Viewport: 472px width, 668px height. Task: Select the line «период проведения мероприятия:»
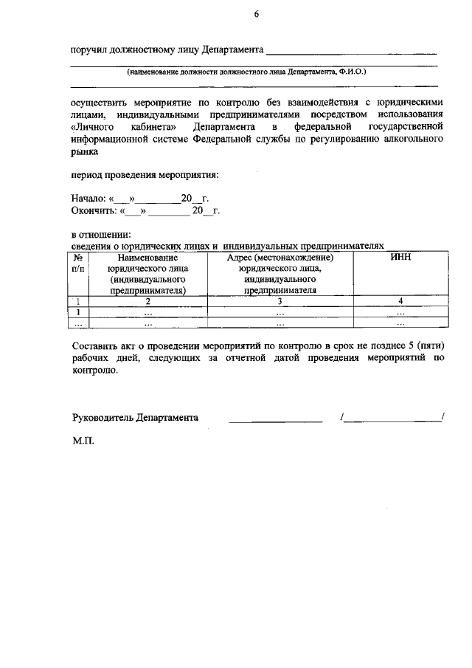coord(145,175)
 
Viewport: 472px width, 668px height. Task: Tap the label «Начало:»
coord(88,199)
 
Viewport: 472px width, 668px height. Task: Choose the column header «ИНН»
coord(400,257)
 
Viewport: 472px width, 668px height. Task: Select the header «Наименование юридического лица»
coord(147,263)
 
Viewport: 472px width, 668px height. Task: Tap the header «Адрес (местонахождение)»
coord(280,258)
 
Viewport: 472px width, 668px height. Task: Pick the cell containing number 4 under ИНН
coord(400,301)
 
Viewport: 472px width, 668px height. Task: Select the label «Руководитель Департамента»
coord(135,417)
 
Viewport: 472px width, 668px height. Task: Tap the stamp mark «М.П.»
coord(83,444)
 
